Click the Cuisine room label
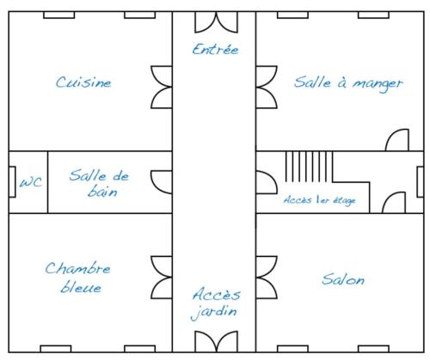tap(83, 82)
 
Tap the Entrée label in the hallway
tap(215, 49)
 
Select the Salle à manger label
tap(348, 83)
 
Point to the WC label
tap(31, 182)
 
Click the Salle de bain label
tap(99, 183)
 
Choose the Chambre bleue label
tap(77, 277)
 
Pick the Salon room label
tap(343, 279)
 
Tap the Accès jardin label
tap(216, 303)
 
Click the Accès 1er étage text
tap(320, 200)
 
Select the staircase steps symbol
tap(309, 167)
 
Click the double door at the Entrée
tap(216, 22)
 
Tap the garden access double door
tap(216, 341)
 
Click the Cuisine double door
tap(162, 87)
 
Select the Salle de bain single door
tap(162, 182)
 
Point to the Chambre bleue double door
tap(162, 278)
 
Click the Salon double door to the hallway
tap(267, 278)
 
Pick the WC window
tap(12, 182)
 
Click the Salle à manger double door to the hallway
tap(267, 87)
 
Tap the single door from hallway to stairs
tap(267, 182)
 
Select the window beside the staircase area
tap(421, 182)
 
